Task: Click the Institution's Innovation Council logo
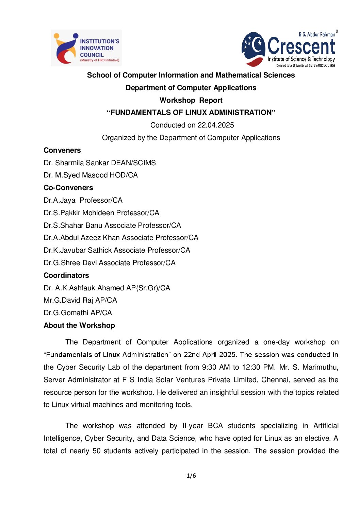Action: click(86, 48)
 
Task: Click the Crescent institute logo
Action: click(290, 49)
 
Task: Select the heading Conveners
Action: click(62, 150)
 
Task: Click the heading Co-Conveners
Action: click(68, 188)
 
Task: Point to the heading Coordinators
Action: click(66, 275)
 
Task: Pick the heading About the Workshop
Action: click(79, 325)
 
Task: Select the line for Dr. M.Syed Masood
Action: click(91, 175)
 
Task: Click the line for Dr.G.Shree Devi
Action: click(110, 263)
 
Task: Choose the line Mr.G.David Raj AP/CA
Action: click(80, 300)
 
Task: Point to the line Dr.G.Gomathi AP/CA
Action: click(78, 313)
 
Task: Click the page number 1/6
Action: click(191, 476)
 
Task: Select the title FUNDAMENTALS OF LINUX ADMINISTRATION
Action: click(191, 113)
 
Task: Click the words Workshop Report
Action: click(191, 100)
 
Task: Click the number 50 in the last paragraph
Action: click(97, 451)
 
